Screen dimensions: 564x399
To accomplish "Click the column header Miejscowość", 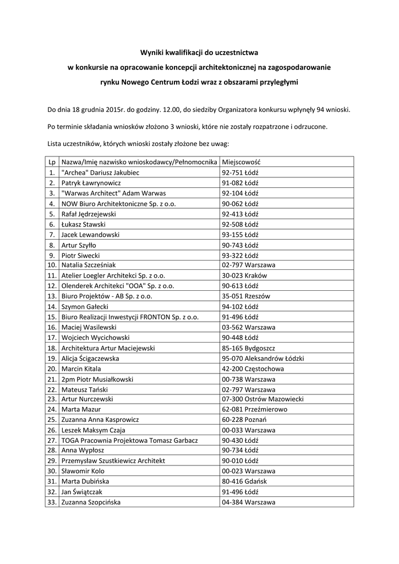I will click(241, 162).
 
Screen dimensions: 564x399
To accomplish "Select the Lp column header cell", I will click(52, 162).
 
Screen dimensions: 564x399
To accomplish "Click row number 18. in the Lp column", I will click(52, 348).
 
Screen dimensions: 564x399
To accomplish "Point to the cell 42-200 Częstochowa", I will click(253, 368).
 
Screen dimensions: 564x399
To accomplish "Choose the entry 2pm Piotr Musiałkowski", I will click(97, 379).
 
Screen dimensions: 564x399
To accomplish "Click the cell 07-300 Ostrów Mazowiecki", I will click(262, 399).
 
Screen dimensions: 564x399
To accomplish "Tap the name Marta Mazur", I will click(81, 410).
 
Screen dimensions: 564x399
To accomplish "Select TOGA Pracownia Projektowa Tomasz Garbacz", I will click(130, 441).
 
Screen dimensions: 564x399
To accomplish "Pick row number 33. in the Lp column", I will click(52, 502).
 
